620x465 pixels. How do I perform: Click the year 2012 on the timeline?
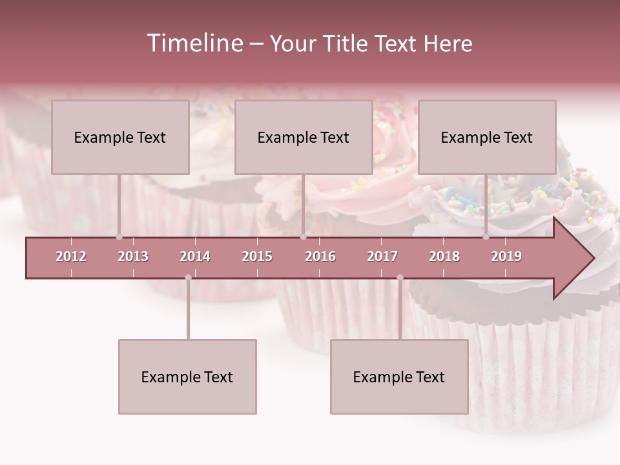click(x=71, y=256)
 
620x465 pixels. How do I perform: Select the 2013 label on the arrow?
click(x=133, y=256)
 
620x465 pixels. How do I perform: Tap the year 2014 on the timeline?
click(x=195, y=256)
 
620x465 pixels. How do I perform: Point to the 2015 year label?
click(x=257, y=256)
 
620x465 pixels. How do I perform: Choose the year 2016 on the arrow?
click(x=320, y=256)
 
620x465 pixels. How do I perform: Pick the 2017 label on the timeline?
click(x=382, y=256)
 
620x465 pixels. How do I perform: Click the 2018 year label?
click(x=444, y=256)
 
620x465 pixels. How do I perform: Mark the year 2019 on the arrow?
click(x=506, y=256)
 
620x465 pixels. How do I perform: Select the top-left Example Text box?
click(x=120, y=137)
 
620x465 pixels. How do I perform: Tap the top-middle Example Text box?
click(x=304, y=137)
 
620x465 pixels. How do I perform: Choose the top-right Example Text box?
click(x=487, y=137)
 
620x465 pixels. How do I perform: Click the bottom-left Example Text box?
click(x=187, y=377)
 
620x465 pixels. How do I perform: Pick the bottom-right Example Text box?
click(x=399, y=377)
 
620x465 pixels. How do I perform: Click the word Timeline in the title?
click(x=194, y=43)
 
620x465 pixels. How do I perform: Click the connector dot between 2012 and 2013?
click(x=119, y=237)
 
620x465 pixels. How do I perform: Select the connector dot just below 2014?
click(x=188, y=278)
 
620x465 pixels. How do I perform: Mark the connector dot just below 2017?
click(x=400, y=278)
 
